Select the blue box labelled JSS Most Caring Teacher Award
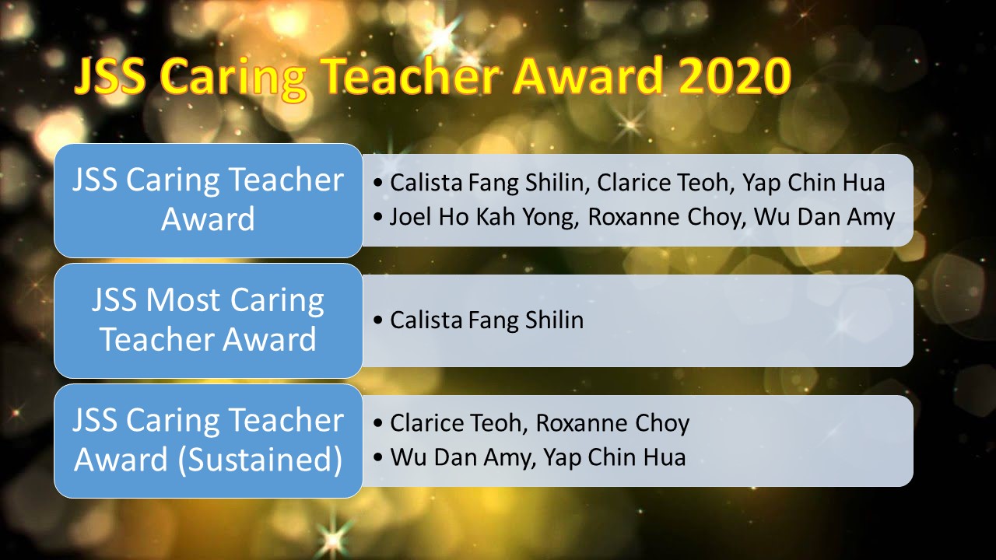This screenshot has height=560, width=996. (208, 320)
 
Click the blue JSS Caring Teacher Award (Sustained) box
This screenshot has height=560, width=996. (208, 440)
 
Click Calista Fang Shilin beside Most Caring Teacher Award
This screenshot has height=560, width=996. (486, 320)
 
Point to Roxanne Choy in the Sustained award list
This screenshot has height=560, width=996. (612, 423)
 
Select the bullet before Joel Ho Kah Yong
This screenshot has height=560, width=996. (378, 219)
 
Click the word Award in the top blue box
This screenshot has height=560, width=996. (208, 220)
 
